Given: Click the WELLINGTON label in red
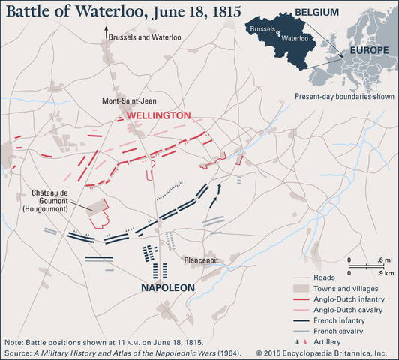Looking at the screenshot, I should (159, 116).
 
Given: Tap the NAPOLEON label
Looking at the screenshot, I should (167, 288).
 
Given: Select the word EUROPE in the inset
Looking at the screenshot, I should (364, 52).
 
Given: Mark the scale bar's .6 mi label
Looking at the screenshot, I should (382, 259).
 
